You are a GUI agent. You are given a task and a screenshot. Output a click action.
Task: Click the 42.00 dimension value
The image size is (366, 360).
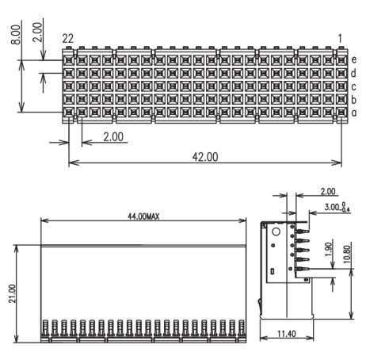(x=205, y=157)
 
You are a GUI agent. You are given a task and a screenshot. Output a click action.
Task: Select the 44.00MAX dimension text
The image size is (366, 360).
(x=143, y=216)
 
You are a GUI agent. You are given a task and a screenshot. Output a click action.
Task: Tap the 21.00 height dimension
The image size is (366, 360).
(x=12, y=293)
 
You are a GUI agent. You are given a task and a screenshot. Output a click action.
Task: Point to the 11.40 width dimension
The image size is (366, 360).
(x=287, y=334)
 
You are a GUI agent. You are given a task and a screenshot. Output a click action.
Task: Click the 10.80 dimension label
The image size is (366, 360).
(x=347, y=255)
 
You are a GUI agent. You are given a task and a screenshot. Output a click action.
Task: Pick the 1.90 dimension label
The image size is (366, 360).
(x=328, y=250)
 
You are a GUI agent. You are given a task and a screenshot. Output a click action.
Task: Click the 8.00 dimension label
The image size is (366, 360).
(x=16, y=34)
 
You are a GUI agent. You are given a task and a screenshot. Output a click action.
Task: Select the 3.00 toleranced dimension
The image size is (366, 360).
(x=337, y=207)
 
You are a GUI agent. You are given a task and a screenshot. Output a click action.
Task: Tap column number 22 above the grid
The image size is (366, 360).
(x=68, y=39)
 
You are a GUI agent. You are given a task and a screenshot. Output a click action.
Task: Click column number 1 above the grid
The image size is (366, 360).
(x=340, y=39)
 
